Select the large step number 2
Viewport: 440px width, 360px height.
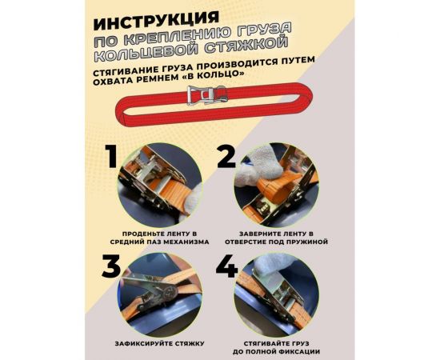tap(227, 157)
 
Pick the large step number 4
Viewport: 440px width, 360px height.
tap(227, 266)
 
